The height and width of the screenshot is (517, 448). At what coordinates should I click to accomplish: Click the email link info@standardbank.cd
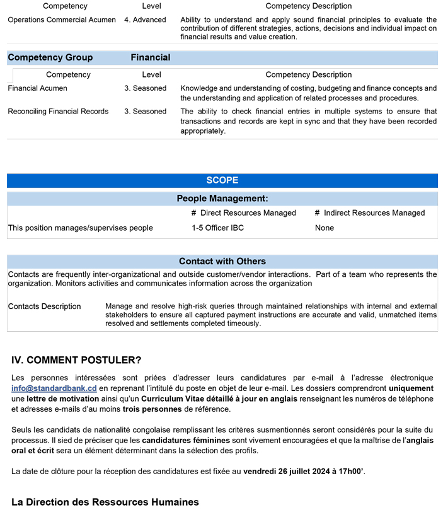point(54,388)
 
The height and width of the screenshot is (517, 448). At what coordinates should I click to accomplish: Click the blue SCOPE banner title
point(222,180)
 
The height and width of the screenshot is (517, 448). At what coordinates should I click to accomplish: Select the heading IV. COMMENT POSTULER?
point(76,360)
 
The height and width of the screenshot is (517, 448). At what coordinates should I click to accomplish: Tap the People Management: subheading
point(222,199)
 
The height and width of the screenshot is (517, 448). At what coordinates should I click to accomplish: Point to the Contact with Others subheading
point(222,261)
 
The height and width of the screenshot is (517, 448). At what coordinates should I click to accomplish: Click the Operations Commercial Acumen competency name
point(62,20)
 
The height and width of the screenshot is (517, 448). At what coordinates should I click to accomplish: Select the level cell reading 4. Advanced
point(145,20)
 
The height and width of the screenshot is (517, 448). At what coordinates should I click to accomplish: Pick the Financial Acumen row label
point(39,88)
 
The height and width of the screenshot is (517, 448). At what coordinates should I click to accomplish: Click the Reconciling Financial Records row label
point(58,112)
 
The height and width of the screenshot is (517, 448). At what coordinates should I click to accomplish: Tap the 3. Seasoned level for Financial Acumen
point(145,88)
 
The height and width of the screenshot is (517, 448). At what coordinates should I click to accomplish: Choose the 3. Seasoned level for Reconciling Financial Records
point(145,112)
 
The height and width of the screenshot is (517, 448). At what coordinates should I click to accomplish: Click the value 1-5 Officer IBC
point(217,228)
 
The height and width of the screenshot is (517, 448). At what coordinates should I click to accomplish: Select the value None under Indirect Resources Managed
point(325,228)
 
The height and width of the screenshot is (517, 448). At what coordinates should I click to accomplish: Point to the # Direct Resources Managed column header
point(243,213)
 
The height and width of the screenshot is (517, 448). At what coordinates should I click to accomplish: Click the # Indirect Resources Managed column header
point(370,213)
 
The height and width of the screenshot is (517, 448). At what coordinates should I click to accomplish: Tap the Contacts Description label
point(44,306)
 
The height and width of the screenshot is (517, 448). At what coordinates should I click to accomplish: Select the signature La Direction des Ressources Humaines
point(105,502)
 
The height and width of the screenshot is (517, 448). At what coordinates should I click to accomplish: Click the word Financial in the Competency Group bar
point(151,57)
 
